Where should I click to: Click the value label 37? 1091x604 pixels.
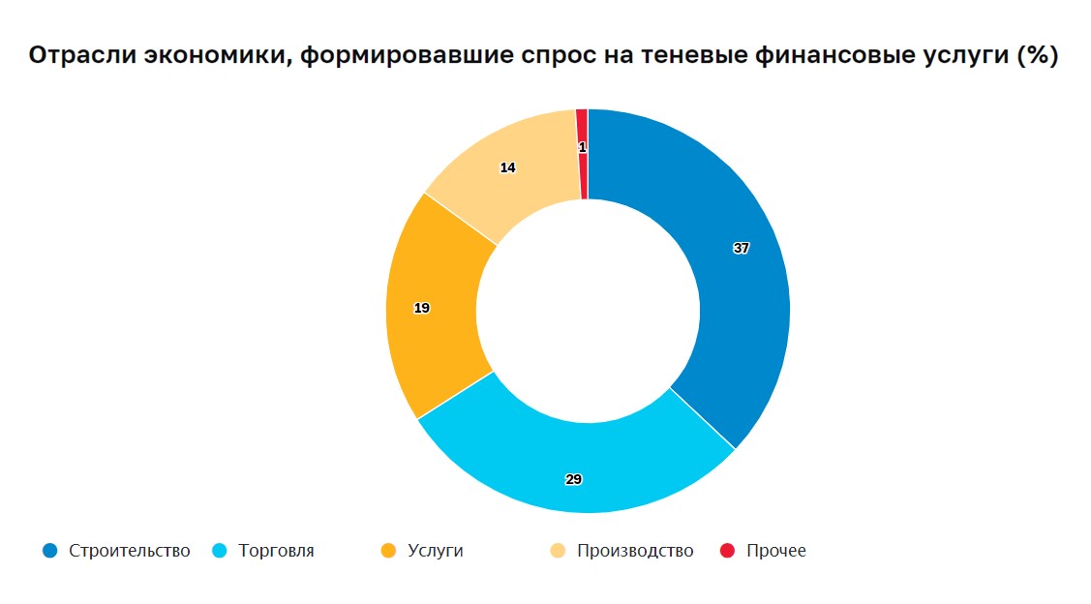point(741,248)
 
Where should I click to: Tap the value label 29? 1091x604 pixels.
point(573,479)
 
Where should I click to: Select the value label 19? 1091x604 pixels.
point(421,308)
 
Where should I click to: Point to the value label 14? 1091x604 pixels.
point(507,167)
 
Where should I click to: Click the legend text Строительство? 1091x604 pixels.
point(130,551)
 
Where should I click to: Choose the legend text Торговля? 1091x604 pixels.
point(276,551)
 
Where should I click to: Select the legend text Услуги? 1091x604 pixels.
point(436,551)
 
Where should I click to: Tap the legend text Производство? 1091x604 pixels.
point(635,551)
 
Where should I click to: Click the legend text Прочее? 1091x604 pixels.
point(776,551)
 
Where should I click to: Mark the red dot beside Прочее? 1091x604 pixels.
point(728,551)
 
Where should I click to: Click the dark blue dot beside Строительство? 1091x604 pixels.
point(50,551)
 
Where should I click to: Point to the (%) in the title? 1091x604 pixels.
point(1037,56)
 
